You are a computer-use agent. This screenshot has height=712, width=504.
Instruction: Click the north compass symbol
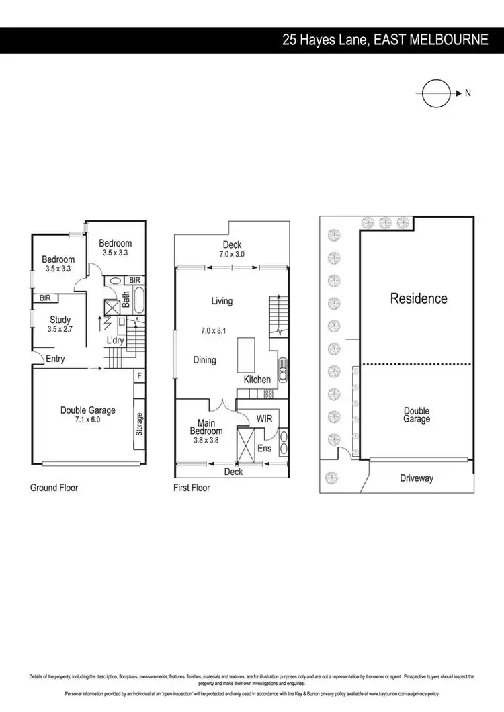click(x=435, y=93)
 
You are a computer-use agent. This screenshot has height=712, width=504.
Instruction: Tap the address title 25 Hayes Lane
click(x=385, y=40)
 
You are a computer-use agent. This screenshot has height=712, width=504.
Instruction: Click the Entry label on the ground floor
click(x=55, y=359)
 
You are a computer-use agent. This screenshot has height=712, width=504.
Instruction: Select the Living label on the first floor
click(x=222, y=301)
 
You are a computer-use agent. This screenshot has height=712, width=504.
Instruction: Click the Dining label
click(x=205, y=360)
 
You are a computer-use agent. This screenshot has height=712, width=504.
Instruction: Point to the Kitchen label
click(x=257, y=380)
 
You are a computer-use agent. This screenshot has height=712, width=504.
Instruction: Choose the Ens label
click(x=264, y=447)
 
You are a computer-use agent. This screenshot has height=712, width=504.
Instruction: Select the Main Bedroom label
click(x=206, y=429)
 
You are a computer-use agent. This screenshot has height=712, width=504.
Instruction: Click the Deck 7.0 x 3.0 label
click(x=232, y=250)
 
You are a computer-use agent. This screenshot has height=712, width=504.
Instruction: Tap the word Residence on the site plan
click(x=419, y=298)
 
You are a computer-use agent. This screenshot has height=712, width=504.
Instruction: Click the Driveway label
click(x=417, y=478)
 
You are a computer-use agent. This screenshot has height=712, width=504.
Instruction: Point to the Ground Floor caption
click(x=54, y=488)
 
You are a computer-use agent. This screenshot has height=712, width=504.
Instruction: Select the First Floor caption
click(x=192, y=488)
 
